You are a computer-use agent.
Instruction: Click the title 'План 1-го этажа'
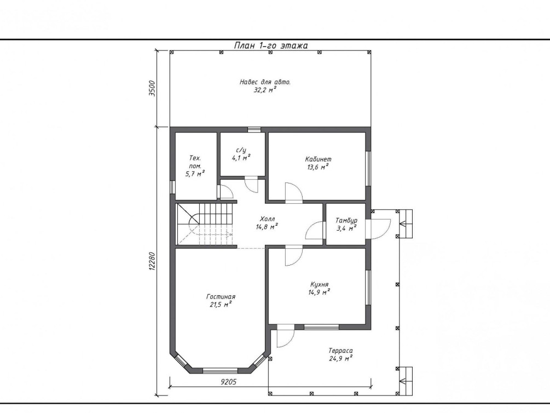[271, 45]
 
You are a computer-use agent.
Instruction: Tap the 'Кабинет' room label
[318, 159]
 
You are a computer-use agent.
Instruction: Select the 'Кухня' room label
[319, 284]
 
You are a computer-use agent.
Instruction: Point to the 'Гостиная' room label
[221, 297]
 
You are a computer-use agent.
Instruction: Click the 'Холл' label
[267, 219]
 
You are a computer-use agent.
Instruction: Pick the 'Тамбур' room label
[346, 221]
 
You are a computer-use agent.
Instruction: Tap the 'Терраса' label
[340, 351]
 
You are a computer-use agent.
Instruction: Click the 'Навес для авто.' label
[265, 82]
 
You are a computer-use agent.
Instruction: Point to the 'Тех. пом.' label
[195, 162]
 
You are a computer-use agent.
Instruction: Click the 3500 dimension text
[152, 88]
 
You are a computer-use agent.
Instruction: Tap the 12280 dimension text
[152, 261]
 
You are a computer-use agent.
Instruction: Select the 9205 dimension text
[229, 382]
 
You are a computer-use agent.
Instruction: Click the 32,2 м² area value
[265, 90]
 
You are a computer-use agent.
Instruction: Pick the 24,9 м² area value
[340, 359]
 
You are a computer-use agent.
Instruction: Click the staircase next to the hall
[205, 224]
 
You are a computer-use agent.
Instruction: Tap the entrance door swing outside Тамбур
[378, 229]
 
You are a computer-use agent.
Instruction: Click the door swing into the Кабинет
[294, 192]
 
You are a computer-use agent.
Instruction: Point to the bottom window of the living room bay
[221, 370]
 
